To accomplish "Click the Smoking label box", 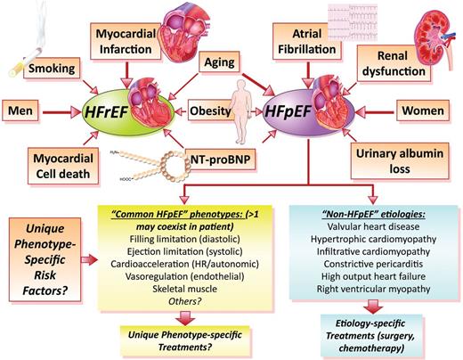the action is pos(52,68).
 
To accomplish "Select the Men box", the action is pos(20,110).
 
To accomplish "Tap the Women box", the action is pos(423,110).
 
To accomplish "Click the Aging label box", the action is pos(219,61).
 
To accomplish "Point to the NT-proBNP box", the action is pos(220,160).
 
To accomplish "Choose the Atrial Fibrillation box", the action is pos(307,42).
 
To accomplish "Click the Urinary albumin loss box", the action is pos(400,161).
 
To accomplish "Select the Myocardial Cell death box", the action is pos(63,166).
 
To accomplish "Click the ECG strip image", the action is pos(353,22).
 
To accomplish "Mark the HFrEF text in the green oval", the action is pos(106,112).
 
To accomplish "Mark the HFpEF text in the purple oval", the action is pos(288,111).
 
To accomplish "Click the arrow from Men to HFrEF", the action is pos(61,112).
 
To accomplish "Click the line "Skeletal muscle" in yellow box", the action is pos(184,289).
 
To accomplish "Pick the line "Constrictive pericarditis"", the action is pos(373,264).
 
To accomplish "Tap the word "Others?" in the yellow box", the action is pos(184,301).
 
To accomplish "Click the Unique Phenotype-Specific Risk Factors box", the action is pos(45,259).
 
